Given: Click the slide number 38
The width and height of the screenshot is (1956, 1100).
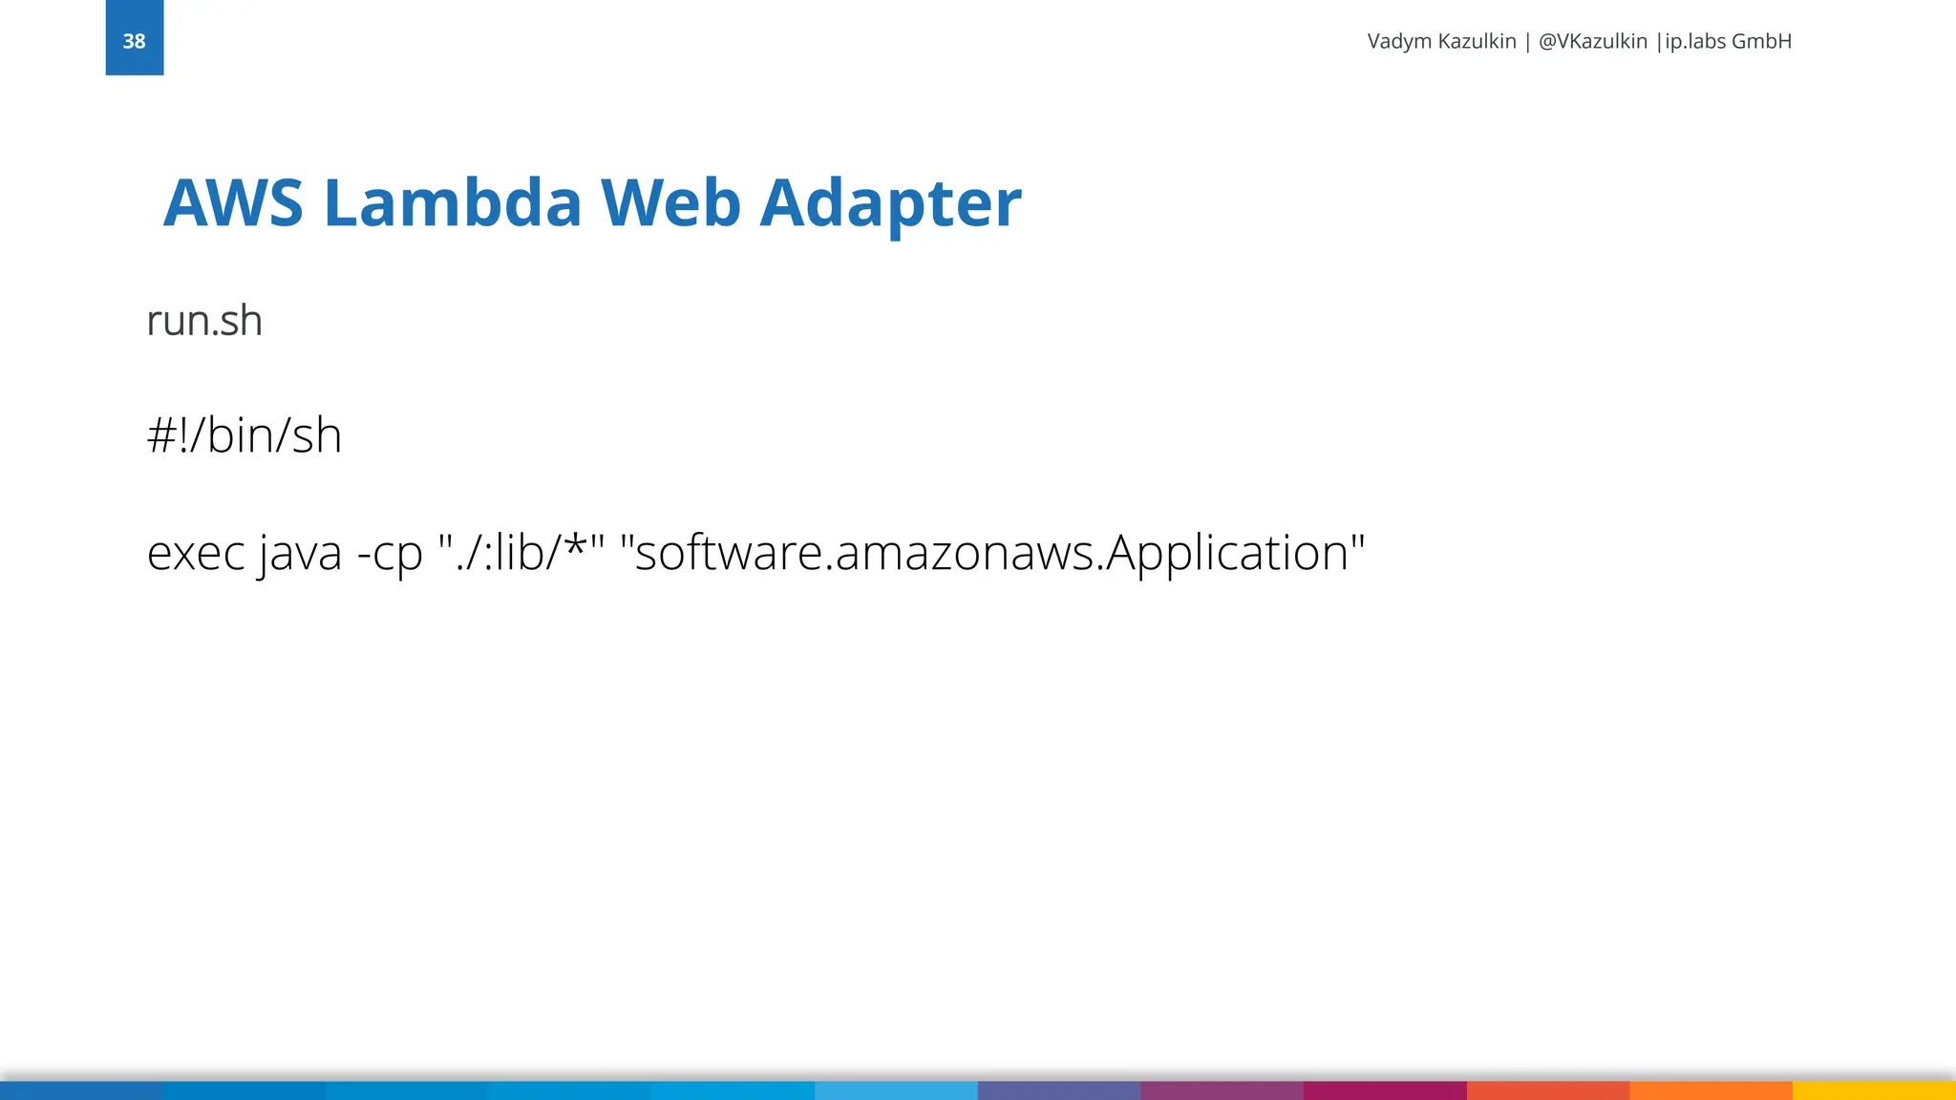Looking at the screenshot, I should coord(134,41).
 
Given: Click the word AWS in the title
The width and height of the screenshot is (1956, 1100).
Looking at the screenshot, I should coord(233,202).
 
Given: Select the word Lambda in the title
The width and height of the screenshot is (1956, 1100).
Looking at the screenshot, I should coord(452,202).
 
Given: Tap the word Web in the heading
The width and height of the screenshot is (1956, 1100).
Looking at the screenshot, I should coord(670,202).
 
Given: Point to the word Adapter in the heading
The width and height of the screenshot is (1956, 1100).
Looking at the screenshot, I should coord(890,204).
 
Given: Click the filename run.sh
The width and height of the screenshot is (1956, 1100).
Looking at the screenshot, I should coord(204,321).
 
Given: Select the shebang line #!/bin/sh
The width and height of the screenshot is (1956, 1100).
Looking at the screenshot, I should coord(244,435).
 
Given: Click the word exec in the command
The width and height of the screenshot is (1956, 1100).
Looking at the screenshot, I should coord(196,553).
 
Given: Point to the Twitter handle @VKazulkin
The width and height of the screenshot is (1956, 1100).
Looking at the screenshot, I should coord(1592,41).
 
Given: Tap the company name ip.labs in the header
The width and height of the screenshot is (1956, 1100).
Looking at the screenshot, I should coord(1694,41).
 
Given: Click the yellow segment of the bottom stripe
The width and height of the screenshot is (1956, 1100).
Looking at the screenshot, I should coord(1874,1090).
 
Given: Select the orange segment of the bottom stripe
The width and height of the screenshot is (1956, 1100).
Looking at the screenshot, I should coord(1711,1090).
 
